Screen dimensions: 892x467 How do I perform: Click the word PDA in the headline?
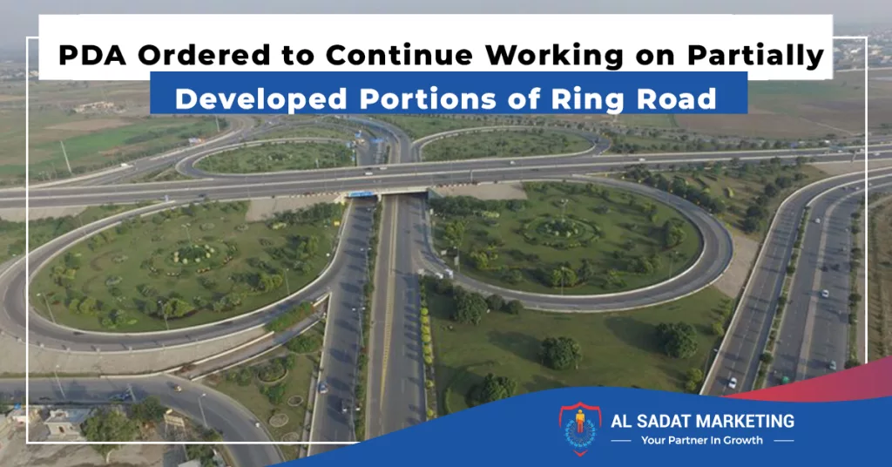tap(92, 55)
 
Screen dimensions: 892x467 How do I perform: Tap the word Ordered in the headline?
tap(205, 55)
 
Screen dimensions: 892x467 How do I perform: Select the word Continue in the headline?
tap(399, 55)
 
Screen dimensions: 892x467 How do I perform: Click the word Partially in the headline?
tap(755, 56)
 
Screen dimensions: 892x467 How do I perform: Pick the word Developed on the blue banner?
tap(261, 99)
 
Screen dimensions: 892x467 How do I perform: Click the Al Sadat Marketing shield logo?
tap(579, 429)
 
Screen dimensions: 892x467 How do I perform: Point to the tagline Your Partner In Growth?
tap(702, 440)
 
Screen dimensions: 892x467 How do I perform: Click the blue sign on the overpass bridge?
tap(362, 194)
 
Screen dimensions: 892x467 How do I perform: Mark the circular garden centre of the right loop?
tap(561, 230)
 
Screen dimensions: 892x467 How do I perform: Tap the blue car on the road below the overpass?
tap(323, 388)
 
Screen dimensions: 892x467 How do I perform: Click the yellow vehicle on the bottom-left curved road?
tap(177, 388)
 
